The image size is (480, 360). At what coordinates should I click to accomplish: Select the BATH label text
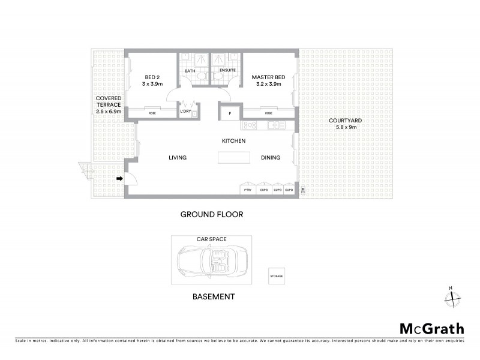tap(190, 71)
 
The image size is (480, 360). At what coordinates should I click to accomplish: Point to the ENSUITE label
tap(227, 71)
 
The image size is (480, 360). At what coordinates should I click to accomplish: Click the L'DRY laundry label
tap(185, 112)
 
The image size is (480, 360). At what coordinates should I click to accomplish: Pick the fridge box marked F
tap(229, 112)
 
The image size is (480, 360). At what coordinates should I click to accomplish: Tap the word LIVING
tap(177, 158)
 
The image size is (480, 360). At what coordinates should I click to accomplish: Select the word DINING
tap(271, 158)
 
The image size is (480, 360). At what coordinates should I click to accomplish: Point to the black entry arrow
tap(120, 178)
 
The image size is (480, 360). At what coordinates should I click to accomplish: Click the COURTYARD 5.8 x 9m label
tap(345, 124)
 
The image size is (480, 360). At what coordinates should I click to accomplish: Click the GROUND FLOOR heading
tap(212, 214)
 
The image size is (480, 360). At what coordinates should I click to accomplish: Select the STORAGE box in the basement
tap(277, 276)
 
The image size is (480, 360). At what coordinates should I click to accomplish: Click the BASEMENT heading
tap(213, 296)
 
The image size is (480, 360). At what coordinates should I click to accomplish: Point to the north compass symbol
tap(452, 296)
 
